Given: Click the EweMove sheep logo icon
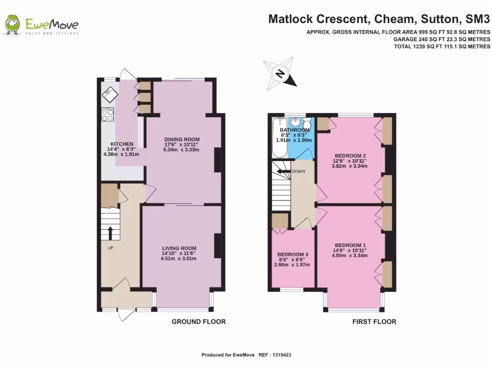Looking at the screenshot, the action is click(12, 25).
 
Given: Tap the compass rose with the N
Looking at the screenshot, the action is click(280, 74).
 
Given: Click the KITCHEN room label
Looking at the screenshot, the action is click(122, 144).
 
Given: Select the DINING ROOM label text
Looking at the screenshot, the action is click(182, 139).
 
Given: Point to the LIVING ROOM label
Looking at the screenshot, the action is click(179, 248).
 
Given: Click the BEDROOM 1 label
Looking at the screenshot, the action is click(350, 246).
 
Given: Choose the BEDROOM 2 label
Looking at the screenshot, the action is click(350, 156).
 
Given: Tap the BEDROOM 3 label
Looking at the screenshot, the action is click(293, 255).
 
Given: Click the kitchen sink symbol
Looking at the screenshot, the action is click(110, 94).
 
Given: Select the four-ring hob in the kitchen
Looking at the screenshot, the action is click(107, 114).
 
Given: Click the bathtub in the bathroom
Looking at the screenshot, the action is click(279, 137).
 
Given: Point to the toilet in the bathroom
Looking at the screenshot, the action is click(307, 123).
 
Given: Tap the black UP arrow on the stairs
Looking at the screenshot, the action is click(110, 234).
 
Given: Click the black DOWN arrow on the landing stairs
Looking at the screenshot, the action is click(283, 172).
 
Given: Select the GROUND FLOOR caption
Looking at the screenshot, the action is click(198, 321).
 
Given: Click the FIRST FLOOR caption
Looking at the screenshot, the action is click(374, 321).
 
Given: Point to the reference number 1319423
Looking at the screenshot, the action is click(282, 355).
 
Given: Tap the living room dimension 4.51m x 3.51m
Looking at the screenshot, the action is click(179, 258).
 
